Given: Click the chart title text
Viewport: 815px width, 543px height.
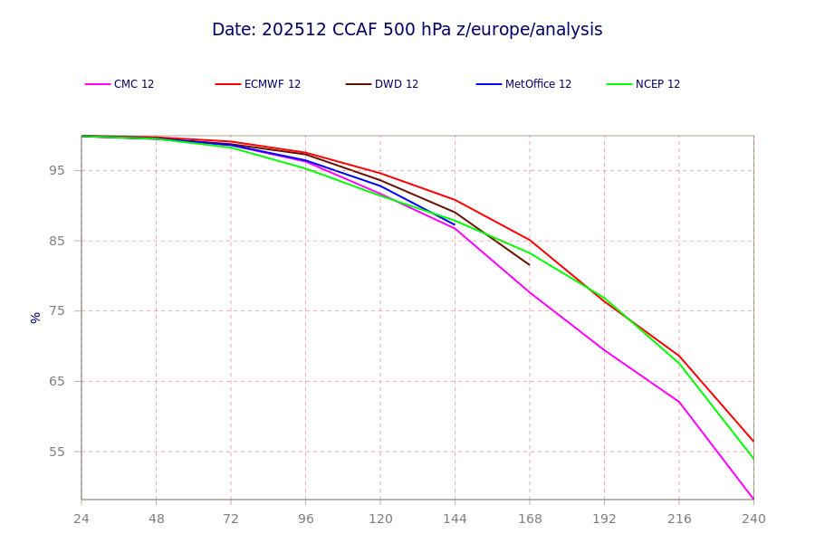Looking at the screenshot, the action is click(407, 30).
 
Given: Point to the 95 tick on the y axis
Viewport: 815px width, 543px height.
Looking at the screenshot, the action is click(57, 170).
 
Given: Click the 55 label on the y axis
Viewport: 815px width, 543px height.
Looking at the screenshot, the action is click(57, 452).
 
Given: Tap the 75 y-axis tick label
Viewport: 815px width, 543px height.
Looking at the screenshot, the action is click(57, 310).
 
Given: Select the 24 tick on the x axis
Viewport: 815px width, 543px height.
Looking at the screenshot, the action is click(81, 519).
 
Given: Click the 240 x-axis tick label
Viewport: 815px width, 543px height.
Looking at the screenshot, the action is click(753, 519).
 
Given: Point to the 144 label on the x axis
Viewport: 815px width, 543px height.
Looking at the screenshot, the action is click(455, 519).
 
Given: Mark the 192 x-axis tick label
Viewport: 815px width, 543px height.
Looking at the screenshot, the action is click(605, 519).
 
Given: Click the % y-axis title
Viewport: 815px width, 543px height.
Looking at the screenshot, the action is click(35, 318).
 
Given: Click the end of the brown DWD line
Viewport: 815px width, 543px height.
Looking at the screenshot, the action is click(530, 265).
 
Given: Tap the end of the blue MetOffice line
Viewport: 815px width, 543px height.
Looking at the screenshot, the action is click(455, 224).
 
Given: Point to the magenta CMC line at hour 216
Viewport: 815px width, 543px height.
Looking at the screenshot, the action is click(679, 402).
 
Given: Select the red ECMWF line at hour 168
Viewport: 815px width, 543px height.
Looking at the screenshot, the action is click(530, 240).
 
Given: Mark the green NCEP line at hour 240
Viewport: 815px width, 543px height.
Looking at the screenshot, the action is click(753, 459).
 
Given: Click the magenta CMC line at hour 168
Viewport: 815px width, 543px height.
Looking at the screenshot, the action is click(530, 292).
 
